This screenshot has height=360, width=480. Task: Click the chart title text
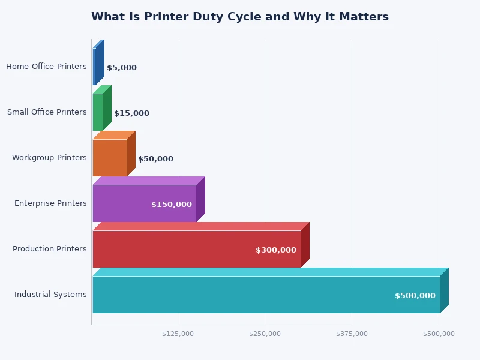[x=239, y=17]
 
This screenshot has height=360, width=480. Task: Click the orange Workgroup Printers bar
[x=109, y=158]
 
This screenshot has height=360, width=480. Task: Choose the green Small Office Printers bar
[x=98, y=112]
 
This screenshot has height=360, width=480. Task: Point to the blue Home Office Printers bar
[x=95, y=67]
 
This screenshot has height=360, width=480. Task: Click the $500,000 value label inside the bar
[x=415, y=296]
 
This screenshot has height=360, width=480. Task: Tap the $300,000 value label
[x=275, y=250]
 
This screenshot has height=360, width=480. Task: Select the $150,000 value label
[x=171, y=205]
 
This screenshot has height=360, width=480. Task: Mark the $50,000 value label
[x=155, y=159]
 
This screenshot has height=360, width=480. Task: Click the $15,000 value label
[x=131, y=113]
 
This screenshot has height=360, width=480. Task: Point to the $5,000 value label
[x=121, y=68]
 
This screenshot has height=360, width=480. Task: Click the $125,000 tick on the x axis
[x=178, y=334]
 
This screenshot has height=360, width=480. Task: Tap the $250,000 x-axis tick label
[x=265, y=334]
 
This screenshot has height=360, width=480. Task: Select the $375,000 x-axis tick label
[x=352, y=334]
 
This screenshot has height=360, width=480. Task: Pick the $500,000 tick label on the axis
[x=439, y=334]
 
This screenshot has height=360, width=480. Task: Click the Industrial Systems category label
[x=50, y=295]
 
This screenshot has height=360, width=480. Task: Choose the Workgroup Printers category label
[x=49, y=158]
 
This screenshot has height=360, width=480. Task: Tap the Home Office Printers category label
[x=46, y=67]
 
